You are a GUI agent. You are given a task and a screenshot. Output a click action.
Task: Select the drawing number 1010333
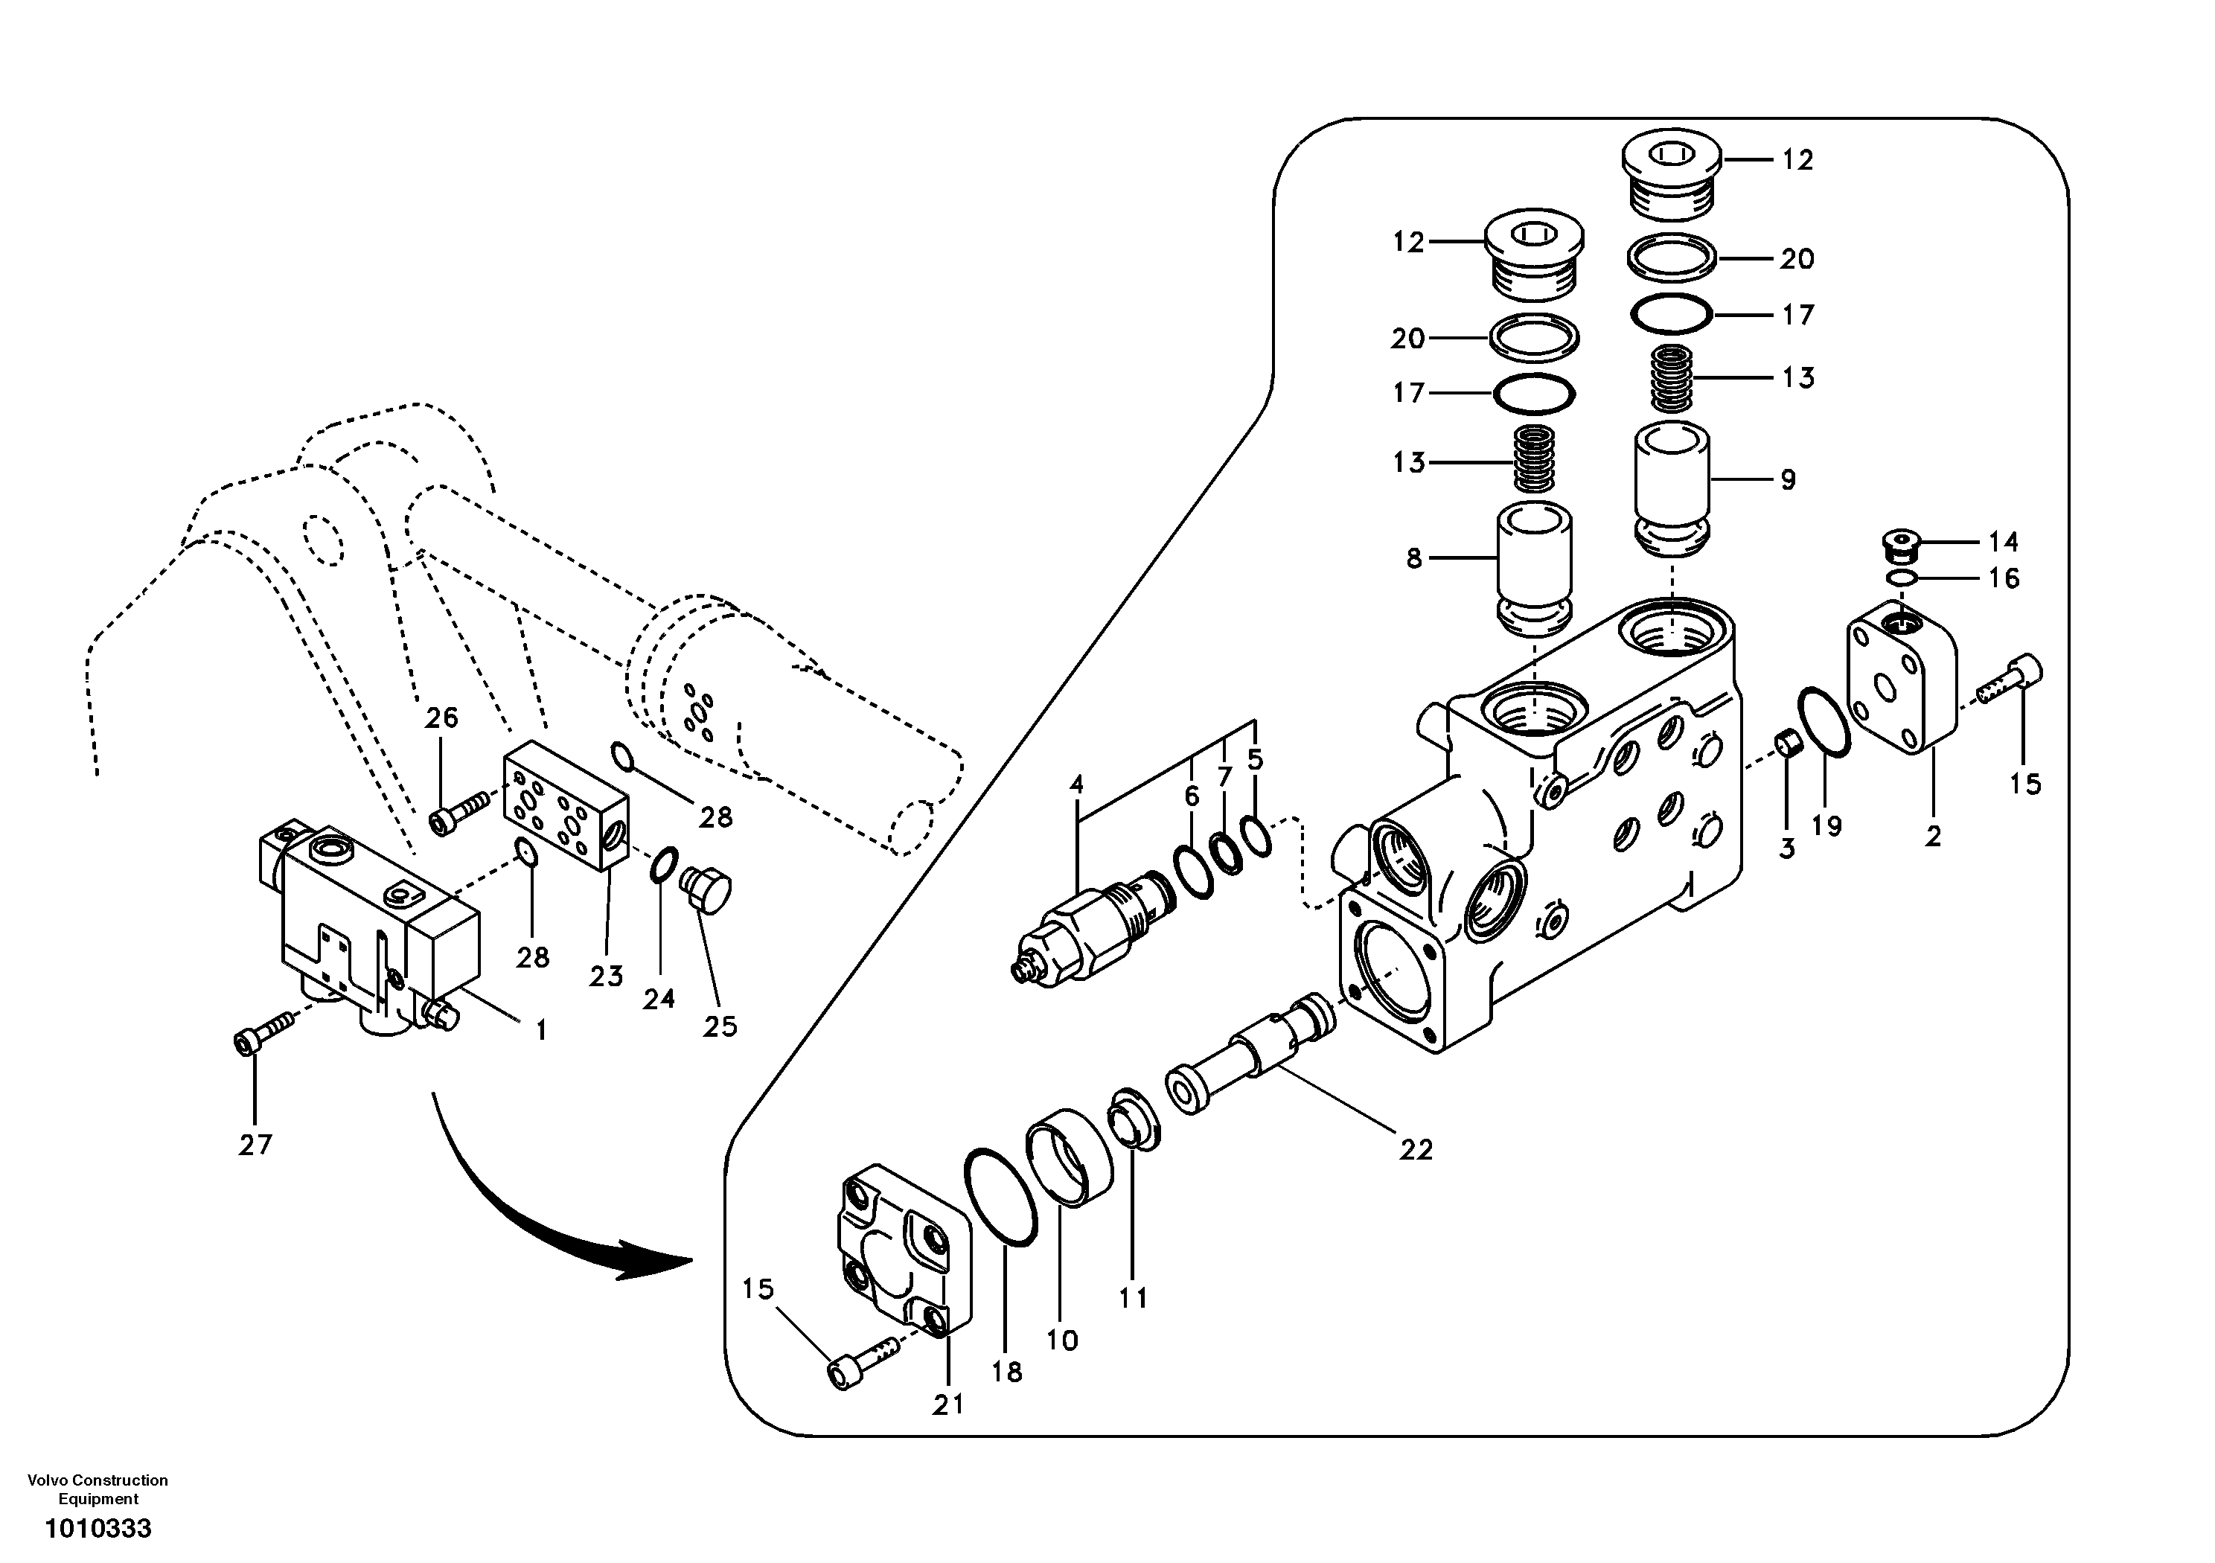coord(98,1530)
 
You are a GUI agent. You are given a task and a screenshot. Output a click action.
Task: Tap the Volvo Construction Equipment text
coord(98,1489)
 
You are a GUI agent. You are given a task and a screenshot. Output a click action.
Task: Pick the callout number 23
coord(606,977)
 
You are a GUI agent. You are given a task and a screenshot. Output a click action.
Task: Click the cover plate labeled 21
coord(903,1250)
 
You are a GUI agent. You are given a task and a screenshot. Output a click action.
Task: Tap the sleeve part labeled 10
coord(1068,1157)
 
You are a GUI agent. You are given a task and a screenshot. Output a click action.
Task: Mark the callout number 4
coord(1077,784)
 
